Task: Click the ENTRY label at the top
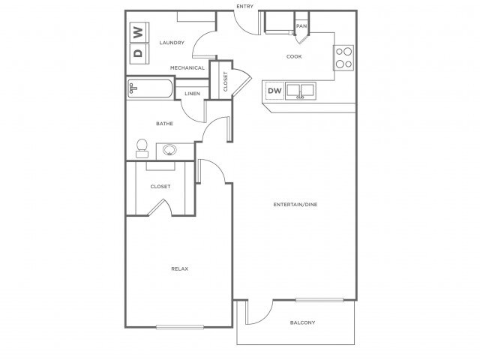pyautogui.click(x=245, y=6)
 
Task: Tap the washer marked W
pyautogui.click(x=139, y=32)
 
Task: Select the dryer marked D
pyautogui.click(x=139, y=53)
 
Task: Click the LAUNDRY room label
pyautogui.click(x=172, y=43)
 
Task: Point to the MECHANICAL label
pyautogui.click(x=187, y=67)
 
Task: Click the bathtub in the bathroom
pyautogui.click(x=150, y=88)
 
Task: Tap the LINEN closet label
pyautogui.click(x=192, y=93)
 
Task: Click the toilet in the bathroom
pyautogui.click(x=142, y=148)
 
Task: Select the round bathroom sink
pyautogui.click(x=169, y=150)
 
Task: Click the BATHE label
pyautogui.click(x=165, y=123)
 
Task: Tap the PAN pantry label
pyautogui.click(x=301, y=26)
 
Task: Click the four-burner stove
pyautogui.click(x=343, y=58)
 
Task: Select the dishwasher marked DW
pyautogui.click(x=274, y=91)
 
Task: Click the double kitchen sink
pyautogui.click(x=300, y=91)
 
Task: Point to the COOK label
pyautogui.click(x=294, y=56)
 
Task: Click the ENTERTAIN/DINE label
pyautogui.click(x=295, y=204)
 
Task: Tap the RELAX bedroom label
pyautogui.click(x=180, y=268)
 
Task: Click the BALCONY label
pyautogui.click(x=302, y=322)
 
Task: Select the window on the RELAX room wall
pyautogui.click(x=180, y=327)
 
